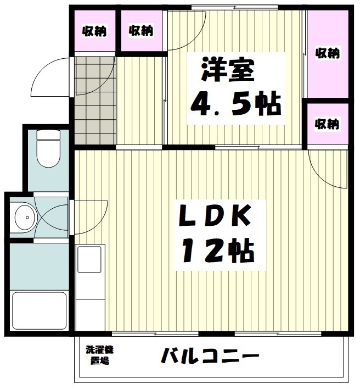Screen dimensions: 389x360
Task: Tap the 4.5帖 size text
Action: (x=237, y=102)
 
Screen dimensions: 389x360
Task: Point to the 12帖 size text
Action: (x=218, y=251)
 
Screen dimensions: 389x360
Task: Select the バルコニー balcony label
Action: (x=210, y=357)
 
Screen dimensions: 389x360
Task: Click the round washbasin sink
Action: (x=22, y=217)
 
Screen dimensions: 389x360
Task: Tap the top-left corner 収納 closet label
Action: (x=94, y=31)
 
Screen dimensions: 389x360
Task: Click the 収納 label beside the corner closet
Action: (x=141, y=30)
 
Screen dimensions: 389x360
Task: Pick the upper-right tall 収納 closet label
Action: (x=328, y=53)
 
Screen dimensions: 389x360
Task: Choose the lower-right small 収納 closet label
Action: (x=327, y=124)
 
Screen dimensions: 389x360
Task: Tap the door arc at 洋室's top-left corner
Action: (x=185, y=30)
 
